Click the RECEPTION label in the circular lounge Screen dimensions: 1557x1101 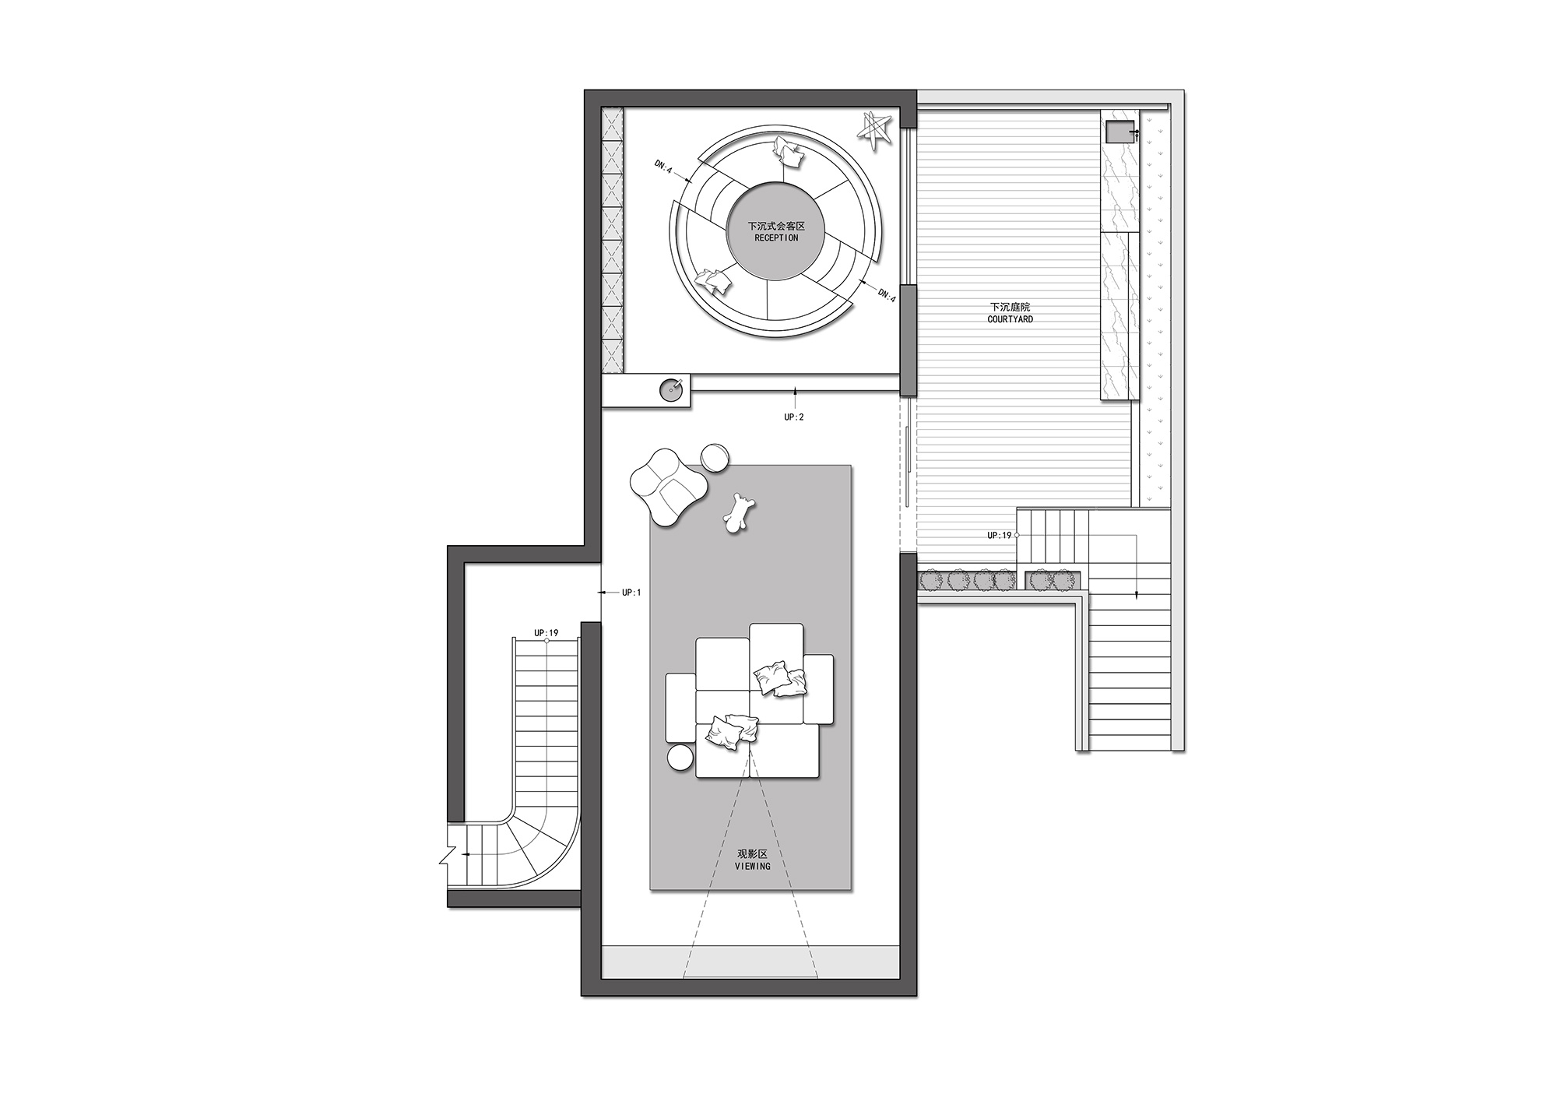point(776,237)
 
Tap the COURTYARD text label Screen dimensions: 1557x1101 point(1010,319)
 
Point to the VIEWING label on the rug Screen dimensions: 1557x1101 point(752,866)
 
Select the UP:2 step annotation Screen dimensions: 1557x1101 point(794,417)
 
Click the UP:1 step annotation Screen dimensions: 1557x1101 point(631,593)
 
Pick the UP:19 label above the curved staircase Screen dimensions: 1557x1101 point(547,633)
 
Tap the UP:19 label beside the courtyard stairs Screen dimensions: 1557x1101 point(1000,536)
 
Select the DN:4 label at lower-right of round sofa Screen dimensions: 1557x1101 point(887,295)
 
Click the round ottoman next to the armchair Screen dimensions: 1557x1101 point(715,458)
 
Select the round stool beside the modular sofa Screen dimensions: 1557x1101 point(680,758)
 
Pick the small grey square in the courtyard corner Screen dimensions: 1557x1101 point(1121,132)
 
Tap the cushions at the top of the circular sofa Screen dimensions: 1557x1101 point(791,156)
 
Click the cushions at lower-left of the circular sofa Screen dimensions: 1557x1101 point(715,281)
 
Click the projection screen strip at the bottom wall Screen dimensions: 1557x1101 point(750,962)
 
